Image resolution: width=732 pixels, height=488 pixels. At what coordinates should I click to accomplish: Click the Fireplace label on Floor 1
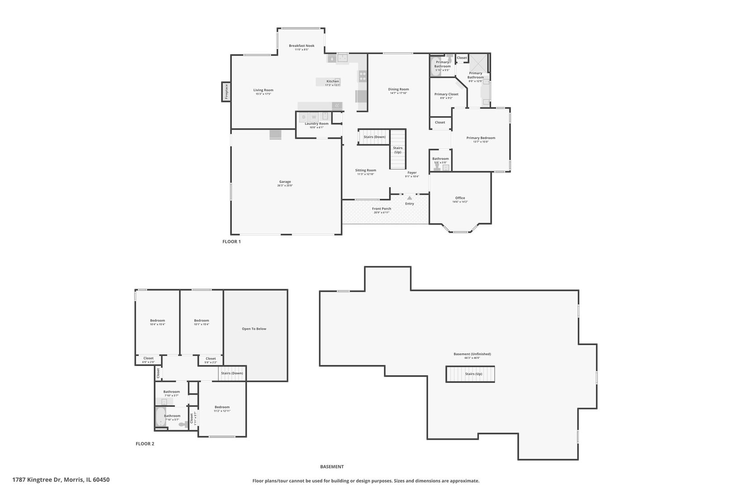coord(226,92)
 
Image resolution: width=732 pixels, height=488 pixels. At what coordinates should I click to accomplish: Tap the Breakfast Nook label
coord(301,46)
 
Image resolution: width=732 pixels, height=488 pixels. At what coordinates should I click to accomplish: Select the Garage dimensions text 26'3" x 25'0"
coord(285,186)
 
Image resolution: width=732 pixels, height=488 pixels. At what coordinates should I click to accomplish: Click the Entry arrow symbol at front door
coord(409,198)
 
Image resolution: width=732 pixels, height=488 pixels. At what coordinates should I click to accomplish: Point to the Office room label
coord(460,198)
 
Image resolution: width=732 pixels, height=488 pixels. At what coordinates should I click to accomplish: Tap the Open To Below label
coord(254,328)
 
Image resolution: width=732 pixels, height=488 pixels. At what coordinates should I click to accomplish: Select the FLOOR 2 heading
coord(145,444)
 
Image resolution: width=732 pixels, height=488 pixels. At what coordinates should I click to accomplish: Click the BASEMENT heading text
coord(332,467)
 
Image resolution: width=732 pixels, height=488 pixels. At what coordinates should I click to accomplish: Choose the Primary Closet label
coord(446,94)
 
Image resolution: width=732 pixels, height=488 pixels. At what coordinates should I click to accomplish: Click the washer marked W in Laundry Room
coord(314,117)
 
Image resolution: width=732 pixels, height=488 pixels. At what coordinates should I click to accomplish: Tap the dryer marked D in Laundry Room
coord(304,117)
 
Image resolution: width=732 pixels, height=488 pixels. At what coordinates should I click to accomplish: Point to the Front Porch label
coord(382,209)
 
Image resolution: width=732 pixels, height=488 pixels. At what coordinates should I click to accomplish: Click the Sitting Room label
coord(366,170)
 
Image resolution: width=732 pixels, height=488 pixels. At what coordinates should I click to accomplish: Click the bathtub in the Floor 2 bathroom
coord(160,417)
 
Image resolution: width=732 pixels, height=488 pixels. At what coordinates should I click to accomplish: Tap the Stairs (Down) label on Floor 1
coord(375,137)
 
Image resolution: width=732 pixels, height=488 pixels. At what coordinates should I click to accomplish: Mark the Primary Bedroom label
coord(481,138)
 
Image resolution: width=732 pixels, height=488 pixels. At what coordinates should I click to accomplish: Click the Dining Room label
coord(399,89)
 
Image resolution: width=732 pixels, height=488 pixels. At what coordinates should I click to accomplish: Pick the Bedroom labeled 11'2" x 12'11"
coord(222,407)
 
